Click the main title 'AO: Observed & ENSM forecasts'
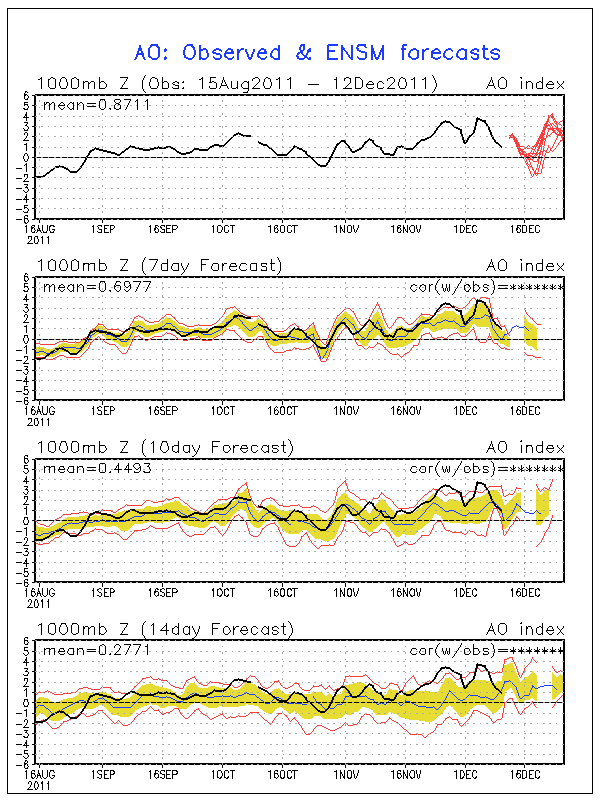(317, 52)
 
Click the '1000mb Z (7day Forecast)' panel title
(159, 265)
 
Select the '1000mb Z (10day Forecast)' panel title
(164, 447)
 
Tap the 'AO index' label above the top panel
(525, 83)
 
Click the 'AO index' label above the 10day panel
(525, 447)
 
